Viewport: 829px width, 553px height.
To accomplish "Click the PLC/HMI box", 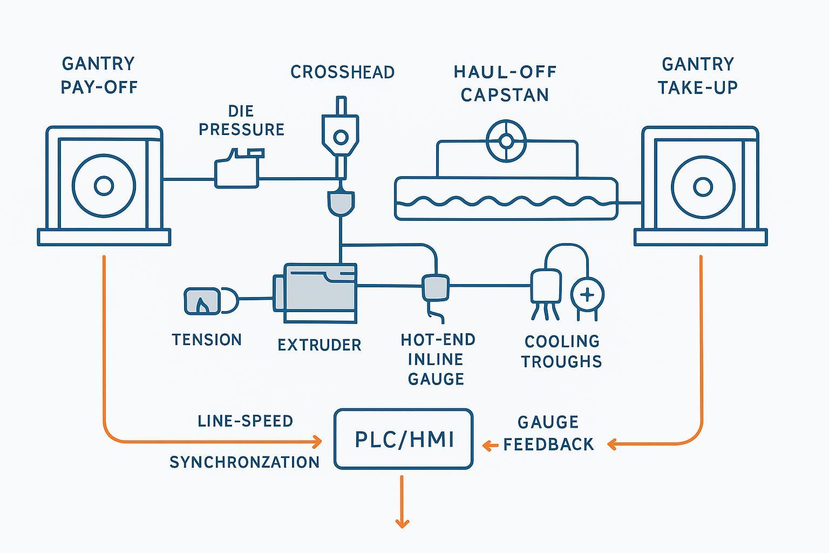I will pos(404,439).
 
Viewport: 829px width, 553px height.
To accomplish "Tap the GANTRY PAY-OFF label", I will pos(99,75).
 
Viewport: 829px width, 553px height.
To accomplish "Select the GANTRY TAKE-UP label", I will pos(697,76).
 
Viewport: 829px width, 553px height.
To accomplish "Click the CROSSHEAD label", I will pos(342,72).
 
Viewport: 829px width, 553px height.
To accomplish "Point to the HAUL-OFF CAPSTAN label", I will pos(505,83).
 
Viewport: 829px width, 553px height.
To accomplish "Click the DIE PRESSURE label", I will pos(241,120).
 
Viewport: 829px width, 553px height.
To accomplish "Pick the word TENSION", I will pos(207,340).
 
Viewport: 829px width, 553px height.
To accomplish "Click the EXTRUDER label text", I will pos(319,345).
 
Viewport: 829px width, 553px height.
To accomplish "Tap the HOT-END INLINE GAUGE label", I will pos(437,359).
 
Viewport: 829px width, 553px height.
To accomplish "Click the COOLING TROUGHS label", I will pos(561,351).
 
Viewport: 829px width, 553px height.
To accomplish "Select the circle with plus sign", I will pos(587,295).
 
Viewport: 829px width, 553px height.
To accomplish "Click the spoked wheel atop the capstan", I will pos(506,141).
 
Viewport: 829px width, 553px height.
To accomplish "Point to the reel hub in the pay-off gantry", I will pos(104,186).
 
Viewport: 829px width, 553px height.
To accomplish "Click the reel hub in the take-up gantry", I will pos(702,187).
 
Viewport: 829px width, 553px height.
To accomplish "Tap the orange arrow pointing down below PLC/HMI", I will pos(402,502).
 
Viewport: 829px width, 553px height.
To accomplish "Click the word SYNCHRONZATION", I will pos(244,462).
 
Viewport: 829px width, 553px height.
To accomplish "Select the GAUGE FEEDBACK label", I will pos(548,433).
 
